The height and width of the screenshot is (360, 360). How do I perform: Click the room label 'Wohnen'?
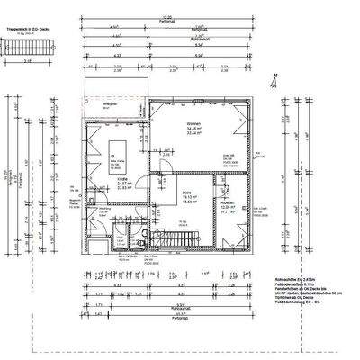point(167,124)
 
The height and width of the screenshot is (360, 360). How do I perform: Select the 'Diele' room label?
point(162,193)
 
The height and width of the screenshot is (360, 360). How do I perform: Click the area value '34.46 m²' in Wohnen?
point(167,130)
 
